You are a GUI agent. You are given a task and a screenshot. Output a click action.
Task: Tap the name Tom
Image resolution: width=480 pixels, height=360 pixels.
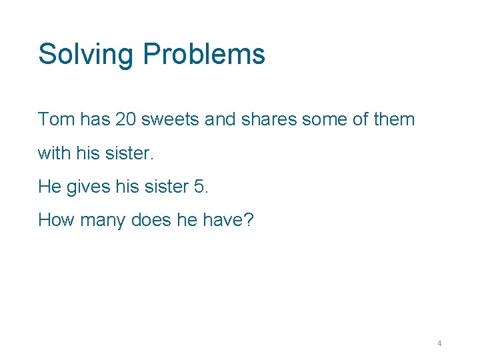coord(56,120)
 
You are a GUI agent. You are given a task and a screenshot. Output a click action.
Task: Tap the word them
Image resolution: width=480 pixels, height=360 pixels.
coord(393,120)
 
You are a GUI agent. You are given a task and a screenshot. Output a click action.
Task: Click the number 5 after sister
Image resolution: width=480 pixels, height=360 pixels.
coord(200,187)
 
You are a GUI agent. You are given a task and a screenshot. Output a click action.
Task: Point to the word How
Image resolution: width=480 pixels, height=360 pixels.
coord(56,220)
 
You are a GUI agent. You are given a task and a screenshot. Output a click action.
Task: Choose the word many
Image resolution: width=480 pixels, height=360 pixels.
coord(102,221)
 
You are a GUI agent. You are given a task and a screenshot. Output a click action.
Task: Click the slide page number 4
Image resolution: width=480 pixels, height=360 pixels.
coord(439,343)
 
